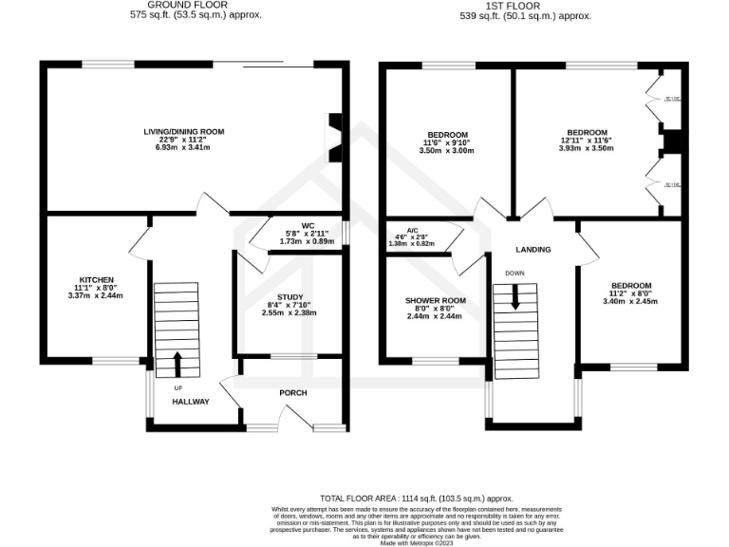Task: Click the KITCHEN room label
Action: pyautogui.click(x=97, y=279)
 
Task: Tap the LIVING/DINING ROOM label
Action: pyautogui.click(x=183, y=131)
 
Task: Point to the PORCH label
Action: pyautogui.click(x=292, y=392)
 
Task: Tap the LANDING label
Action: pyautogui.click(x=533, y=249)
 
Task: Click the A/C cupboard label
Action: pyautogui.click(x=412, y=230)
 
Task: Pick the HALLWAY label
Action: pyautogui.click(x=190, y=402)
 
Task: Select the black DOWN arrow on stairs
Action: pyautogui.click(x=515, y=297)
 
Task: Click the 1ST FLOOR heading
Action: pyautogui.click(x=525, y=5)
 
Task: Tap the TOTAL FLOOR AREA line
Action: pyautogui.click(x=416, y=498)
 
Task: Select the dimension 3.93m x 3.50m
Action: pyautogui.click(x=587, y=149)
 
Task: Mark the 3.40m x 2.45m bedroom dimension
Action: pyautogui.click(x=630, y=302)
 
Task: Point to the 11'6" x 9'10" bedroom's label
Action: pyautogui.click(x=446, y=133)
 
